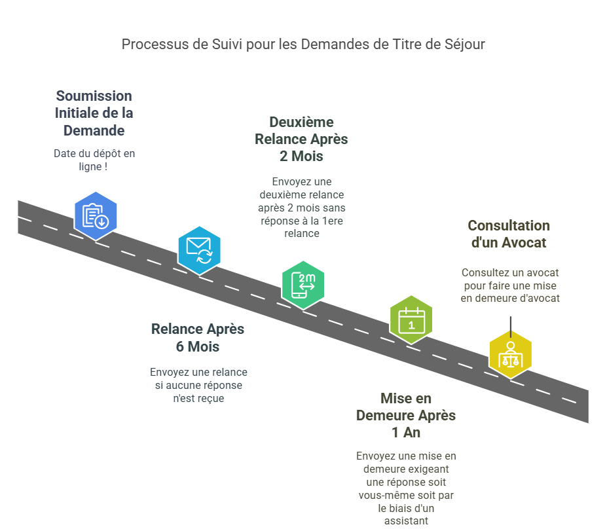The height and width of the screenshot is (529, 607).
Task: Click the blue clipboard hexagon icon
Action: coord(96,215)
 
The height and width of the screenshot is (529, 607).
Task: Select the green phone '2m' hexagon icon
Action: coord(303,285)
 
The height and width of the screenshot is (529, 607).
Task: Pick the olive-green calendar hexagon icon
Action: coord(411,319)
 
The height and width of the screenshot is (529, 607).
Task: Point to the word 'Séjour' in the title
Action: coord(466,45)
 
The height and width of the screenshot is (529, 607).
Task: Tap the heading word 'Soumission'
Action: coord(94,96)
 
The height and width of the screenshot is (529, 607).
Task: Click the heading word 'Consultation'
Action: coord(508,226)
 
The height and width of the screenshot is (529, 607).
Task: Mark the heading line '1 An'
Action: coord(405,433)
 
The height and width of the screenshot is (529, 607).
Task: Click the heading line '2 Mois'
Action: coord(301,156)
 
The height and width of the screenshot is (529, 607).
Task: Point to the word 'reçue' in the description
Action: coord(211,398)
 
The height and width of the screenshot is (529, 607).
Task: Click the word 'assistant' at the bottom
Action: coord(405,521)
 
